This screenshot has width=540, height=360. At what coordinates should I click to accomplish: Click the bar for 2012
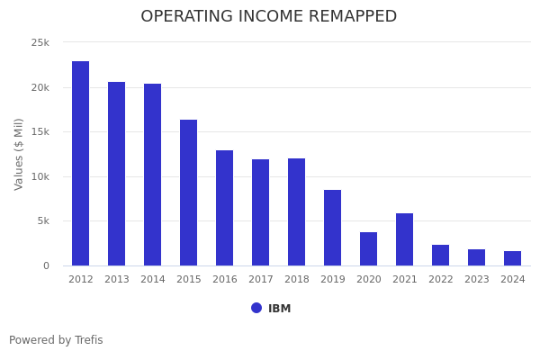[81, 163]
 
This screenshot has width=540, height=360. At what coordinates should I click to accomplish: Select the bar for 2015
[189, 193]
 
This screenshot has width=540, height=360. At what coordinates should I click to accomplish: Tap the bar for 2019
[333, 228]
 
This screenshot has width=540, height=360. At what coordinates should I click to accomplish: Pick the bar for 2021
[405, 239]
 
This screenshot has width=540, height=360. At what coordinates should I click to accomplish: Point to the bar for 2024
[513, 258]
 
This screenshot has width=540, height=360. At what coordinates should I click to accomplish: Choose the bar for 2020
[369, 248]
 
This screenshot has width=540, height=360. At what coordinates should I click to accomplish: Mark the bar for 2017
[261, 212]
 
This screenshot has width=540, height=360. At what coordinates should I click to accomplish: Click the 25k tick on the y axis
[40, 43]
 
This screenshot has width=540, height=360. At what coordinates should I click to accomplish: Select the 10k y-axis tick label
[40, 176]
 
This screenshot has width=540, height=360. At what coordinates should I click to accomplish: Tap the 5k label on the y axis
[42, 221]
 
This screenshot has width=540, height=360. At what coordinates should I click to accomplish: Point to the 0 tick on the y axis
[46, 265]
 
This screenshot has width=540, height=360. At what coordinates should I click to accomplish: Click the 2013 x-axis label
[117, 280]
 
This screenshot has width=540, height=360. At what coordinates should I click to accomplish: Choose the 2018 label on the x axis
[297, 280]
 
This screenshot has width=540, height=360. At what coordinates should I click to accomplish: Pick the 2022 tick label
[441, 280]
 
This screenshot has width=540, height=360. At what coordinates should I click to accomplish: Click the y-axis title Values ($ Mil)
[19, 154]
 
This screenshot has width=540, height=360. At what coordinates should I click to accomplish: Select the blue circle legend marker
[256, 308]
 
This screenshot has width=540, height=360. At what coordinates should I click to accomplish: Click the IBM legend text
[279, 309]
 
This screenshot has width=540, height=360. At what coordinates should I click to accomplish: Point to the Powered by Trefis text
[56, 340]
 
